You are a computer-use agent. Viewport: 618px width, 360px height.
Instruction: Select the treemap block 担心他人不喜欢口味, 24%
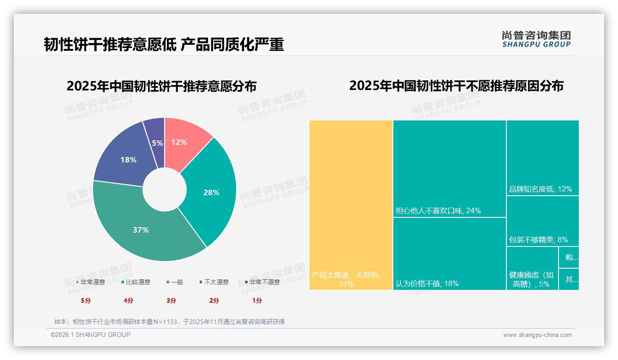tap(449, 168)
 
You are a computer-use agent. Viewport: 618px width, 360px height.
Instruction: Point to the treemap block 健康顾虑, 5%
tap(532, 269)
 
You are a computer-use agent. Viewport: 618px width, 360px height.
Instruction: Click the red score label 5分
tap(86, 300)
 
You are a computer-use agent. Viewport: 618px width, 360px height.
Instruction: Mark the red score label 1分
tap(257, 300)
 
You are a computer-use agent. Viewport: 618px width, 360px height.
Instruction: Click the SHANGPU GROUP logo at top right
tap(536, 39)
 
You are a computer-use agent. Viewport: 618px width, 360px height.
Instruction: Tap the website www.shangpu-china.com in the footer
tap(537, 335)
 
